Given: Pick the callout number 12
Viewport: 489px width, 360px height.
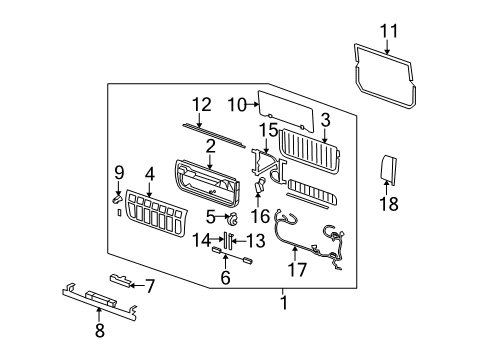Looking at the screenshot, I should coord(202,103).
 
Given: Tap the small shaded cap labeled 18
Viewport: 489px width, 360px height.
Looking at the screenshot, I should coord(389,171).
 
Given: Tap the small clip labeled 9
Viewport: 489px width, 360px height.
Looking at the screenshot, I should coord(116,199).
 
